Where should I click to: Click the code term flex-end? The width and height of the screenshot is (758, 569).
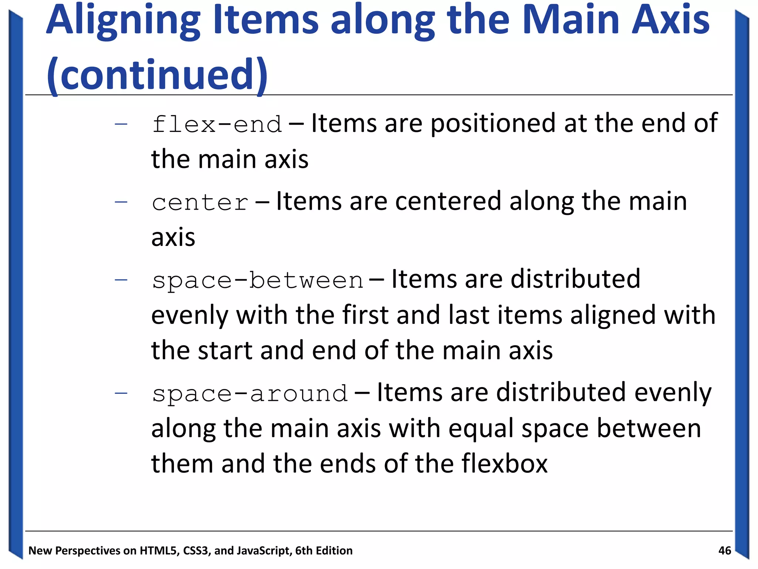[x=217, y=124]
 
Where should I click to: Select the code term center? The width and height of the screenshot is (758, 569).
[x=200, y=203]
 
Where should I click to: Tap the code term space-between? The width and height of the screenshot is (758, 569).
[x=258, y=280]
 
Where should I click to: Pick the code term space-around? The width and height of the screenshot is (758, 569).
[x=250, y=393]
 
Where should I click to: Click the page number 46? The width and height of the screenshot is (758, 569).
[x=724, y=550]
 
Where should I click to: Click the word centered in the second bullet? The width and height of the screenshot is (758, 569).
[x=448, y=202]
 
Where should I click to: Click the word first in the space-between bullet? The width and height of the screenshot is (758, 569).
[x=365, y=315]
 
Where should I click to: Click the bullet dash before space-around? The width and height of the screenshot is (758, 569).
[x=121, y=393]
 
